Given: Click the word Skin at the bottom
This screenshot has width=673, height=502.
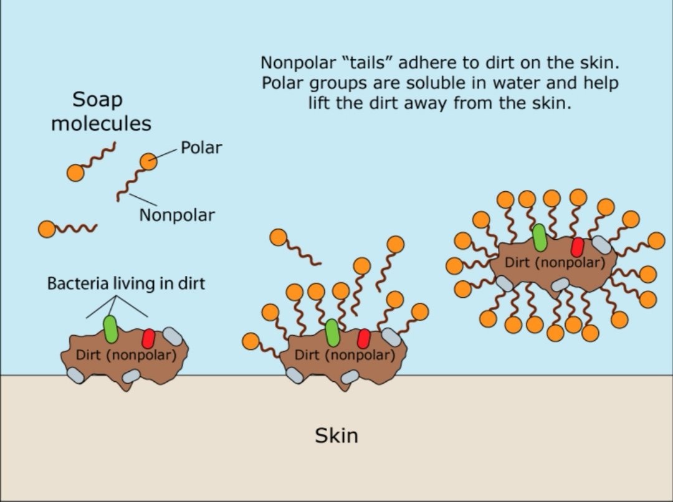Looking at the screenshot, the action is pos(336,435).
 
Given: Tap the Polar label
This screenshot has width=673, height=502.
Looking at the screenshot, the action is pos(201,148).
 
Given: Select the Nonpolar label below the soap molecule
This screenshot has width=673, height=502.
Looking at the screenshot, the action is pos(176,215).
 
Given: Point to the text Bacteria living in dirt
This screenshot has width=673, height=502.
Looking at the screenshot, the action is pos(126,284).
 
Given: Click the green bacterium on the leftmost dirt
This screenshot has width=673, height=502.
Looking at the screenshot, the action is pos(110,329).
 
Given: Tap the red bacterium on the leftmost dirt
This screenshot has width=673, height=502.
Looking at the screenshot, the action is pos(148,338).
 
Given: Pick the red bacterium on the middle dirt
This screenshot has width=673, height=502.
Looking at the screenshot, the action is pos(363,339).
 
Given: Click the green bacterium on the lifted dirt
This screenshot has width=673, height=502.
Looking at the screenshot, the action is pos(540,237).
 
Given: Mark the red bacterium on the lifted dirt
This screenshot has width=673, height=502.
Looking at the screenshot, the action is pos(577,247).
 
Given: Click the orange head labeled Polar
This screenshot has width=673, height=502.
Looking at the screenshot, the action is pos(148,162).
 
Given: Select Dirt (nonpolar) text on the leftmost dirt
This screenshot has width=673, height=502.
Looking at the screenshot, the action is pos(125,355).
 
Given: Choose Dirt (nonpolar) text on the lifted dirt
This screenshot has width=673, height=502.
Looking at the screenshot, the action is pos(554,262).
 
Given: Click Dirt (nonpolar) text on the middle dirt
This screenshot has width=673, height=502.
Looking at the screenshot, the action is pos(344,355).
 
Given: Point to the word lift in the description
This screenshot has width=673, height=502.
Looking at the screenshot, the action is pos(320,103).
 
